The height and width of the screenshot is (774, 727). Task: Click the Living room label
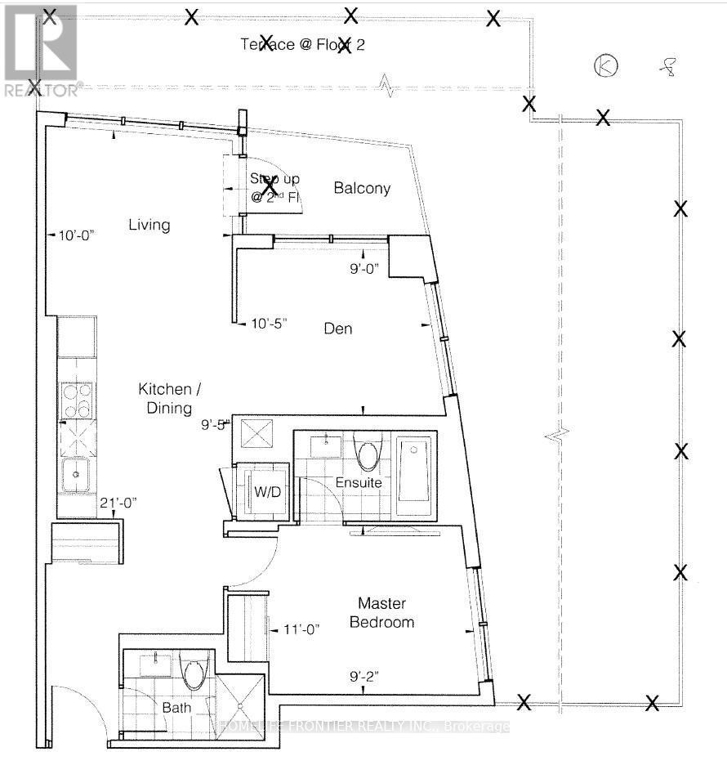click(149, 225)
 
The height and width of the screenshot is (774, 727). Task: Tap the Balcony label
click(362, 189)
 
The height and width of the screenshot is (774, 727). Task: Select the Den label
click(338, 329)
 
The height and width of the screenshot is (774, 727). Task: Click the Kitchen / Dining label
click(164, 399)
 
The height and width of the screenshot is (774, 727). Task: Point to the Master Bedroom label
click(381, 613)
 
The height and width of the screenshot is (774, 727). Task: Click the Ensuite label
click(359, 483)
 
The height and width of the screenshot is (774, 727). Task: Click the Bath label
click(176, 708)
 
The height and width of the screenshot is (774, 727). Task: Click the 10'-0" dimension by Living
click(77, 235)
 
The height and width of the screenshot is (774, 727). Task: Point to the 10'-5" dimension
click(270, 323)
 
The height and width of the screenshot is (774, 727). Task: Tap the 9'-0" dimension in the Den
click(364, 268)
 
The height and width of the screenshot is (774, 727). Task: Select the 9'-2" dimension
click(363, 676)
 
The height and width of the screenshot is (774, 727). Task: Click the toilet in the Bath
click(194, 673)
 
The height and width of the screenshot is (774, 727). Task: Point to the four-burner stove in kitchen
click(76, 400)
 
